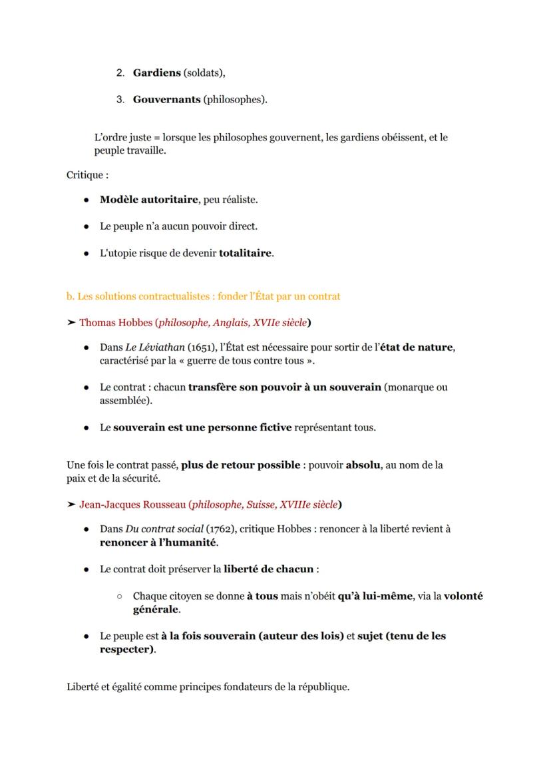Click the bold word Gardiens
tap(157, 73)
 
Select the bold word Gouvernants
tap(166, 99)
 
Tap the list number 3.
tap(120, 99)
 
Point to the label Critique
tap(86, 175)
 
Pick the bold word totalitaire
tap(246, 253)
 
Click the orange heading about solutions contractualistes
tap(203, 296)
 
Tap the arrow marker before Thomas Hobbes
tap(71, 323)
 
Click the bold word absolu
tap(363, 465)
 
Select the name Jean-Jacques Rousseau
tap(132, 504)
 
